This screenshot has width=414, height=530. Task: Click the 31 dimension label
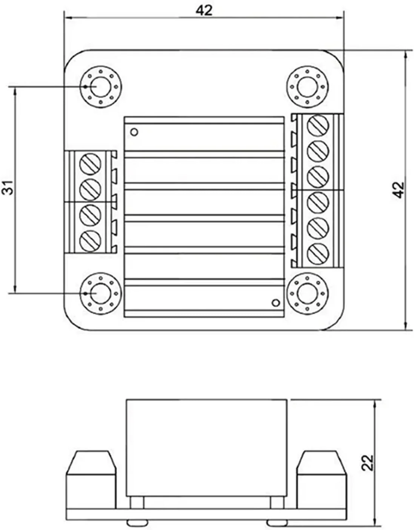click(10, 187)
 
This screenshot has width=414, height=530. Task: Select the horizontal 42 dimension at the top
click(204, 10)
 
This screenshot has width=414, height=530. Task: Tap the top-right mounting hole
click(308, 87)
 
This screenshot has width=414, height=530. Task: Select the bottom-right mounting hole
click(308, 293)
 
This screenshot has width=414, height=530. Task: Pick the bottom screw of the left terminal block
click(91, 239)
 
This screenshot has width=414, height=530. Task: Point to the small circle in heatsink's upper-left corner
click(134, 132)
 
